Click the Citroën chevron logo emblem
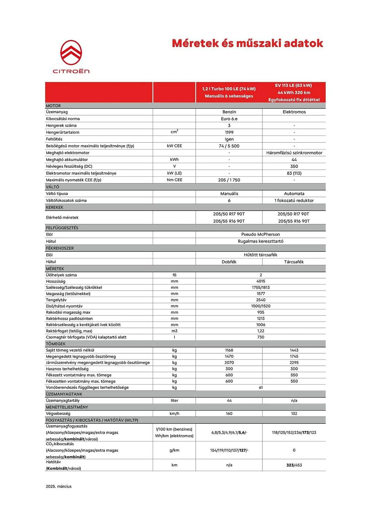71,52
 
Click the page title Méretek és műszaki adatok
247,43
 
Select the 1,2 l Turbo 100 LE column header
229,92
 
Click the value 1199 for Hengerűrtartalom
229,132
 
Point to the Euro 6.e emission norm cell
229,119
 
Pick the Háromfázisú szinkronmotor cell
294,153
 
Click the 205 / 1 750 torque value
229,180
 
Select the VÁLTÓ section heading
52,187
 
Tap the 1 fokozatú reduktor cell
294,201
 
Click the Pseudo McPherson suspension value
261,234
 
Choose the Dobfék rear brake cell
229,262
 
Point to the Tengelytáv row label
56,300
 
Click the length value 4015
261,281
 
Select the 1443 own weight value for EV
294,350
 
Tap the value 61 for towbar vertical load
261,387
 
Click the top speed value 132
294,413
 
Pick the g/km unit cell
174,450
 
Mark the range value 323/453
294,465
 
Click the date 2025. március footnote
59,486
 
